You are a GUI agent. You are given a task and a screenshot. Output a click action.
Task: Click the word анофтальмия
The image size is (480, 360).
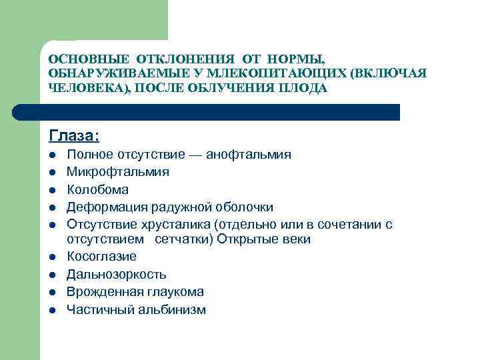pos(249,155)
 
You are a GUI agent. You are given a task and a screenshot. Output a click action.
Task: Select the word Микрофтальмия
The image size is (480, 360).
pos(117,172)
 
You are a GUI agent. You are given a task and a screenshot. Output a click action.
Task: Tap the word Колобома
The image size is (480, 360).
pos(97,189)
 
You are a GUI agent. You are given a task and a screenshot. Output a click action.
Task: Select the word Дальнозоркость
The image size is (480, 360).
pos(117,275)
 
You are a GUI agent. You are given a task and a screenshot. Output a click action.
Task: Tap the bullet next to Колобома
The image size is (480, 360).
pos(52,190)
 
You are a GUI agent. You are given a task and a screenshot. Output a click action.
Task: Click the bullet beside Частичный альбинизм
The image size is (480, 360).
pos(52,310)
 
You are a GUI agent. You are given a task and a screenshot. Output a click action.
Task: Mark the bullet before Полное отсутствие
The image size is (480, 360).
pos(52,155)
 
